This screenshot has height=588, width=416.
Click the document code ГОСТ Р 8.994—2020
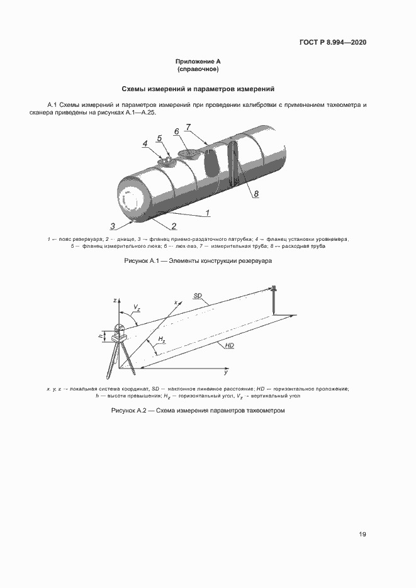coord(333,43)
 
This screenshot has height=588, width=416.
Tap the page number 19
coord(363,535)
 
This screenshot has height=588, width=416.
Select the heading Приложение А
coord(198,61)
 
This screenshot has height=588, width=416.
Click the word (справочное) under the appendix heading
coord(198,69)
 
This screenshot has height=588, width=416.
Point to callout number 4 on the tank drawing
coord(145,144)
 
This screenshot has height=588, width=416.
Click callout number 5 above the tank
coord(159,138)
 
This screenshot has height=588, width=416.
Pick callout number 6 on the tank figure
coord(177,131)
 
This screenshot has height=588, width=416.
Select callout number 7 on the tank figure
coord(188,127)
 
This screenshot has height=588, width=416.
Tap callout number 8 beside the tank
coord(256,194)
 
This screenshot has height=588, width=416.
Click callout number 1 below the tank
coord(206,214)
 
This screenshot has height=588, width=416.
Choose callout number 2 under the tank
coord(173,226)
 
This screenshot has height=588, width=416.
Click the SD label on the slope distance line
coord(198,295)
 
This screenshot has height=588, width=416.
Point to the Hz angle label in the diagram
coord(162,340)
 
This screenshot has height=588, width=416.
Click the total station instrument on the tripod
coord(120,332)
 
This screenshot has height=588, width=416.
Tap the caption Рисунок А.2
coord(198,410)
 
